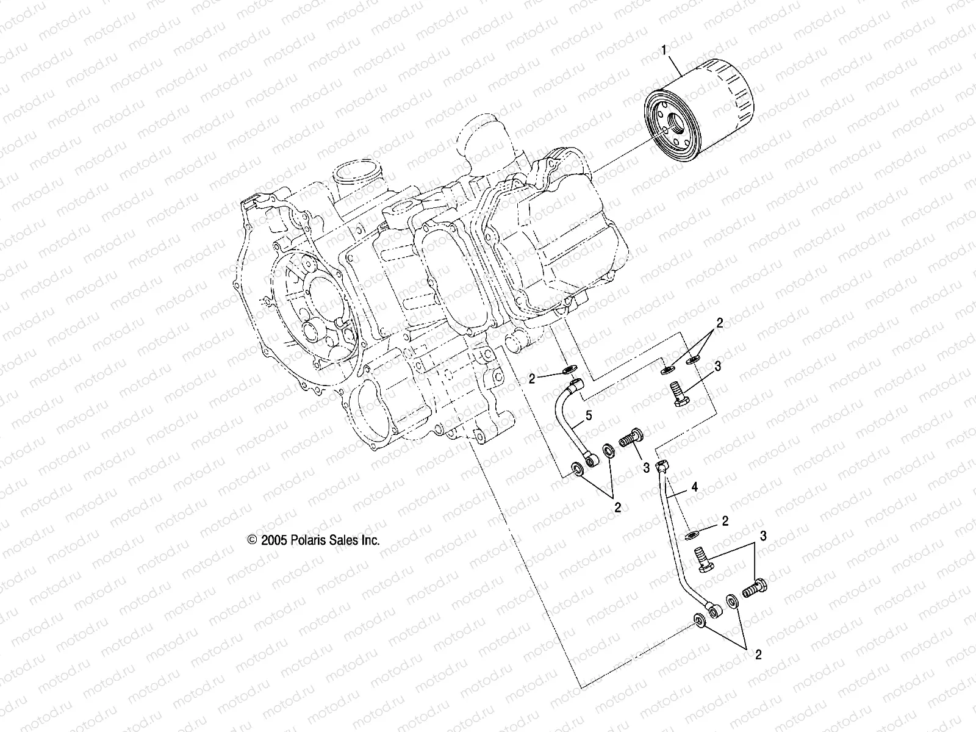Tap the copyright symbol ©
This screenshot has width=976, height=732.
tap(251, 540)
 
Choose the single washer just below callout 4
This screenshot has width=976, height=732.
tap(691, 535)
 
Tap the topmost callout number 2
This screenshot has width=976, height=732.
tap(720, 323)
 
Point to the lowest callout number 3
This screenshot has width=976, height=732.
tap(762, 536)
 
